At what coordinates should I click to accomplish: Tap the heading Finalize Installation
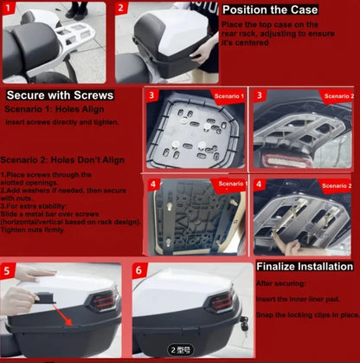click(x=305, y=268)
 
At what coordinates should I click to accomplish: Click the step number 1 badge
click(x=10, y=10)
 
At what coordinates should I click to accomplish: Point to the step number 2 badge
click(x=122, y=10)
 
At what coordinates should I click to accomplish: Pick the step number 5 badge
click(x=10, y=270)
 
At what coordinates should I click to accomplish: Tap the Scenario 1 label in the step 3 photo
click(x=230, y=95)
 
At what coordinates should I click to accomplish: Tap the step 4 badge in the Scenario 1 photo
click(x=153, y=185)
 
